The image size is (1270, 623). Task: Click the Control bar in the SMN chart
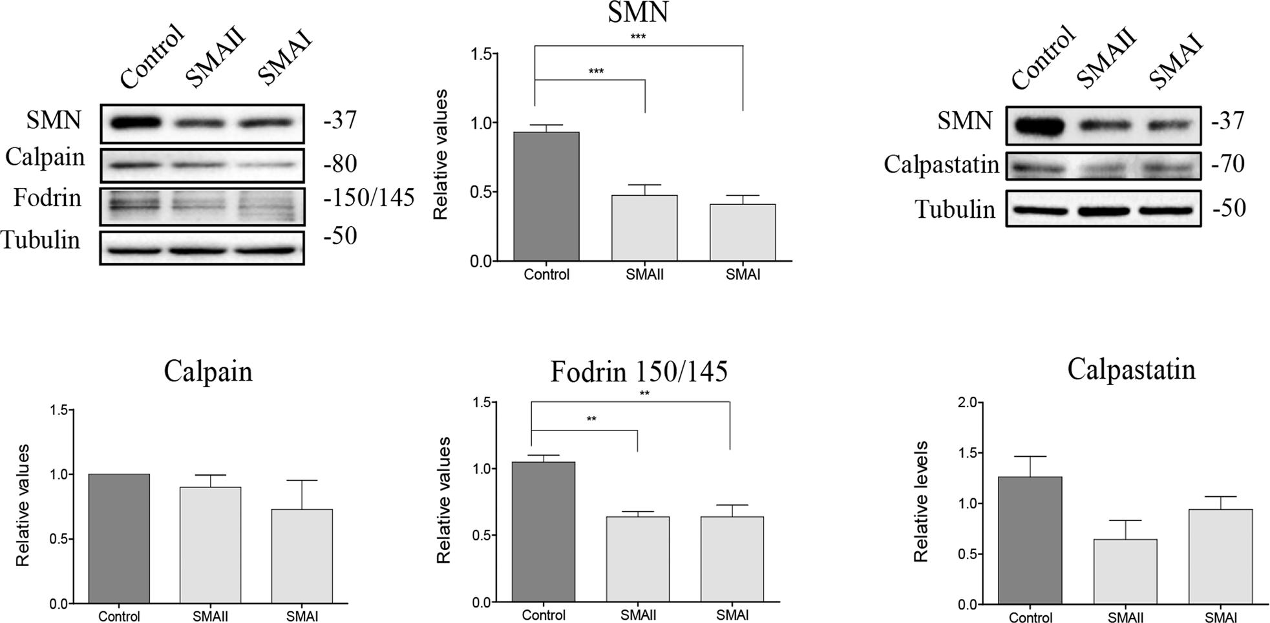coord(546,196)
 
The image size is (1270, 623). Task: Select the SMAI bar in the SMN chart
coord(742,233)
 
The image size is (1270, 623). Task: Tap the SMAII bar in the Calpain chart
coord(210,545)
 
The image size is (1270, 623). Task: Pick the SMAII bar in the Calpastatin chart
coord(1125,572)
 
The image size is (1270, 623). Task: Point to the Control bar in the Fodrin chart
coord(543,532)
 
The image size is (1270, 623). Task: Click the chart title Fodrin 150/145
coord(639,372)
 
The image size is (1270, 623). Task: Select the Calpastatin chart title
coord(1131,370)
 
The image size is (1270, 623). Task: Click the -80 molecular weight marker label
coord(340,164)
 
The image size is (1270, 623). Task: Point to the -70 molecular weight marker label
coord(1228,164)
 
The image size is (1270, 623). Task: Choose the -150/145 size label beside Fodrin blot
coord(368,198)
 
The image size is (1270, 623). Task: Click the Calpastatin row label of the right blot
coord(941,165)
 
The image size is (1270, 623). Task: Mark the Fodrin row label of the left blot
coord(47,198)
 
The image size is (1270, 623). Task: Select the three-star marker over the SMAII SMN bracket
coord(596,72)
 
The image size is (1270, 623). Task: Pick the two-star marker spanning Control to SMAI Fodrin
coord(644,394)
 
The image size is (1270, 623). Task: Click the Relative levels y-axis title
coord(921,502)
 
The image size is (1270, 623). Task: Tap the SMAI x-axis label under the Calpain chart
coord(302,617)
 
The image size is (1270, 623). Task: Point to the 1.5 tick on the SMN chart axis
coord(482,54)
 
